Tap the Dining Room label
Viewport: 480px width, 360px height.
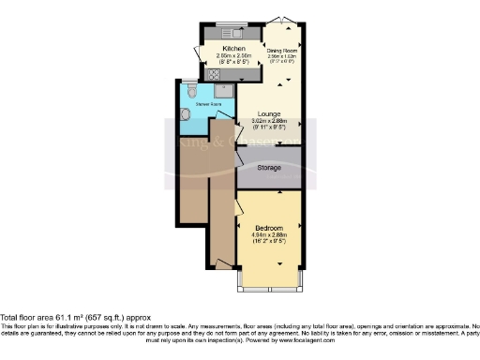(282, 50)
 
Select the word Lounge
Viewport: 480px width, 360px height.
(270, 113)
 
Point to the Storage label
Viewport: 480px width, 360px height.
(270, 167)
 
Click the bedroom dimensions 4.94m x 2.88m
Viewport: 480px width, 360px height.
(270, 234)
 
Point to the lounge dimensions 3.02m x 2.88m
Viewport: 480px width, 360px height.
(270, 122)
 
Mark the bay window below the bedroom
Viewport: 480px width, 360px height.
(270, 282)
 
